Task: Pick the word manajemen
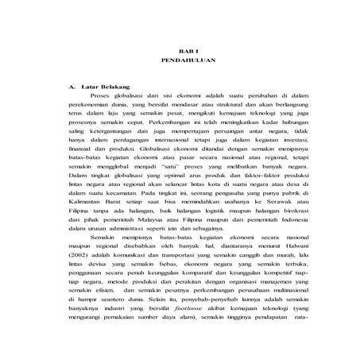click(262, 301)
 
